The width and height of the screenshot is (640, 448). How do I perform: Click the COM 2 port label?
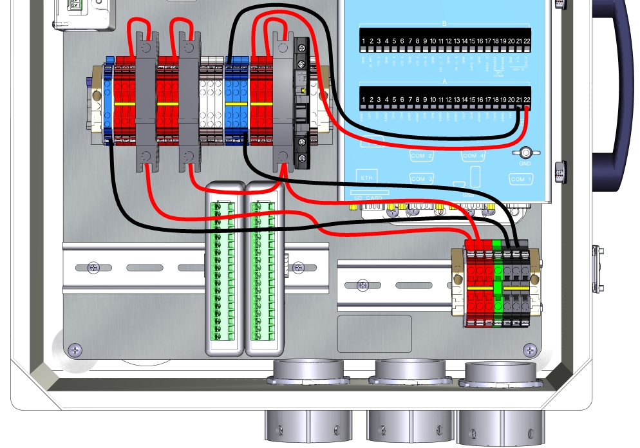click(421, 156)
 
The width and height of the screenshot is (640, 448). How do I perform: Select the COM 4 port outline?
click(473, 156)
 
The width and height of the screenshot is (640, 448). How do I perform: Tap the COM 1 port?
click(521, 179)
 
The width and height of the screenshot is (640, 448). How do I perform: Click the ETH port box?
click(366, 178)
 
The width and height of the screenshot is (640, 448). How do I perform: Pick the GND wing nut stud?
click(525, 153)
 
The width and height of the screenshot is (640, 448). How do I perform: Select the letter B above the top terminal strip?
click(444, 23)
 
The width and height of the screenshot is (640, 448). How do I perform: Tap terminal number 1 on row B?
click(364, 42)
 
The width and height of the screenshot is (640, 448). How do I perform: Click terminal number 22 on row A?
click(527, 100)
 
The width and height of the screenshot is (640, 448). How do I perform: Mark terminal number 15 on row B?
click(472, 42)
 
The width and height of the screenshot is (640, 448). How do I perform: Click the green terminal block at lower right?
click(496, 283)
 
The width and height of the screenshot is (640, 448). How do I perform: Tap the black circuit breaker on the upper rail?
click(301, 103)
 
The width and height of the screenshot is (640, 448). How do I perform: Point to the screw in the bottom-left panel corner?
click(76, 350)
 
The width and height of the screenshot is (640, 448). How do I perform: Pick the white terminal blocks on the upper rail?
click(210, 103)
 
